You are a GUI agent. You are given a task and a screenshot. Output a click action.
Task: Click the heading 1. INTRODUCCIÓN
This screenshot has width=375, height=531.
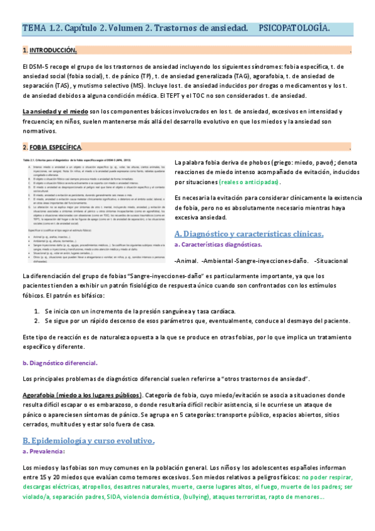tap(49, 50)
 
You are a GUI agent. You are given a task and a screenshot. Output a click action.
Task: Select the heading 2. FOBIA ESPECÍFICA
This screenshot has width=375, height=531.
tap(53, 147)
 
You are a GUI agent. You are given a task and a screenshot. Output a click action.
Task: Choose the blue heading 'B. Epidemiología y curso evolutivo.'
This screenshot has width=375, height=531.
tap(88, 441)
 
